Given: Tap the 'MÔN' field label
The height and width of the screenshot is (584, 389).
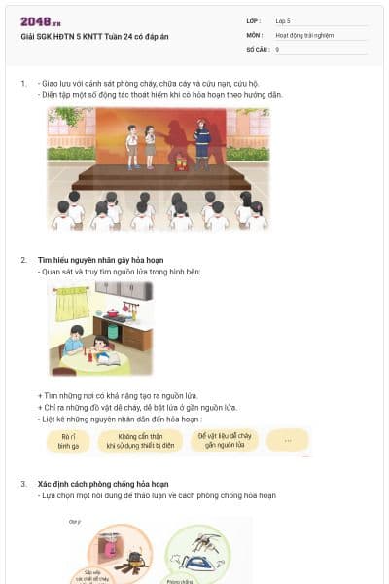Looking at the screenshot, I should pos(254,34).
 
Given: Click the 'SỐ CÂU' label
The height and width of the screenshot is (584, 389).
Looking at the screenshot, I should pos(257,48).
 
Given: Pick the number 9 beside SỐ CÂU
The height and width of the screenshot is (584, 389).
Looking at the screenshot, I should pos(277,48).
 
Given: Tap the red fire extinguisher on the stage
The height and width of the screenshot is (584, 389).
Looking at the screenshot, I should pos(180,164).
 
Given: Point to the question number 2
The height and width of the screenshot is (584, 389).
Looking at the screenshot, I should pos(23,261).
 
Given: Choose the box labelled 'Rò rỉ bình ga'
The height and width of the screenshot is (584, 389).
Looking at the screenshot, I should pos(68,441).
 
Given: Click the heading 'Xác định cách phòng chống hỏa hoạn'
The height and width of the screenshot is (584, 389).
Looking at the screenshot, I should pos(107,484).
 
